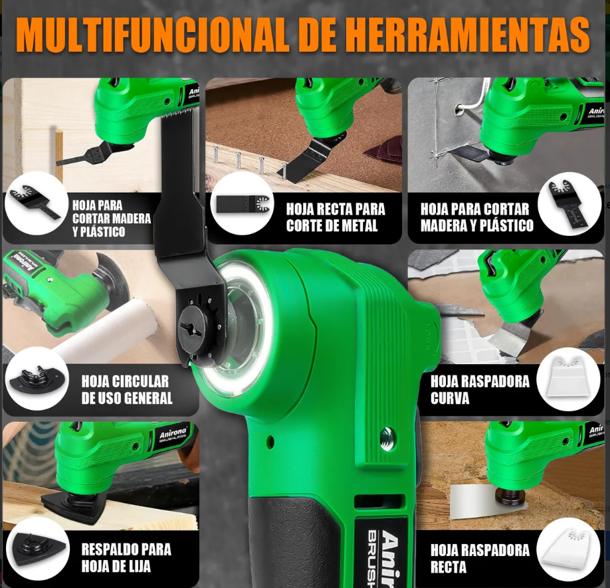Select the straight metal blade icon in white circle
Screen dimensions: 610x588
[x=243, y=204]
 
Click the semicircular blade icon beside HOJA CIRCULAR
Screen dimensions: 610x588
[x=37, y=379]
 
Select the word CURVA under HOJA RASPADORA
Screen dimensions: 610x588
[x=450, y=398]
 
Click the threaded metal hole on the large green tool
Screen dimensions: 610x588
[x=388, y=433]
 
